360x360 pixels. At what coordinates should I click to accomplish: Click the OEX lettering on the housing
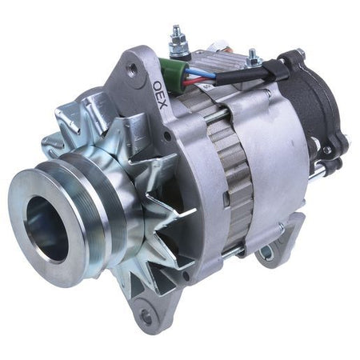[x=160, y=95]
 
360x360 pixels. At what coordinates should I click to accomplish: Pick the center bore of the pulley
[x=46, y=229]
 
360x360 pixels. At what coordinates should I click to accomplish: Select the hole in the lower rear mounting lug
[x=266, y=250]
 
